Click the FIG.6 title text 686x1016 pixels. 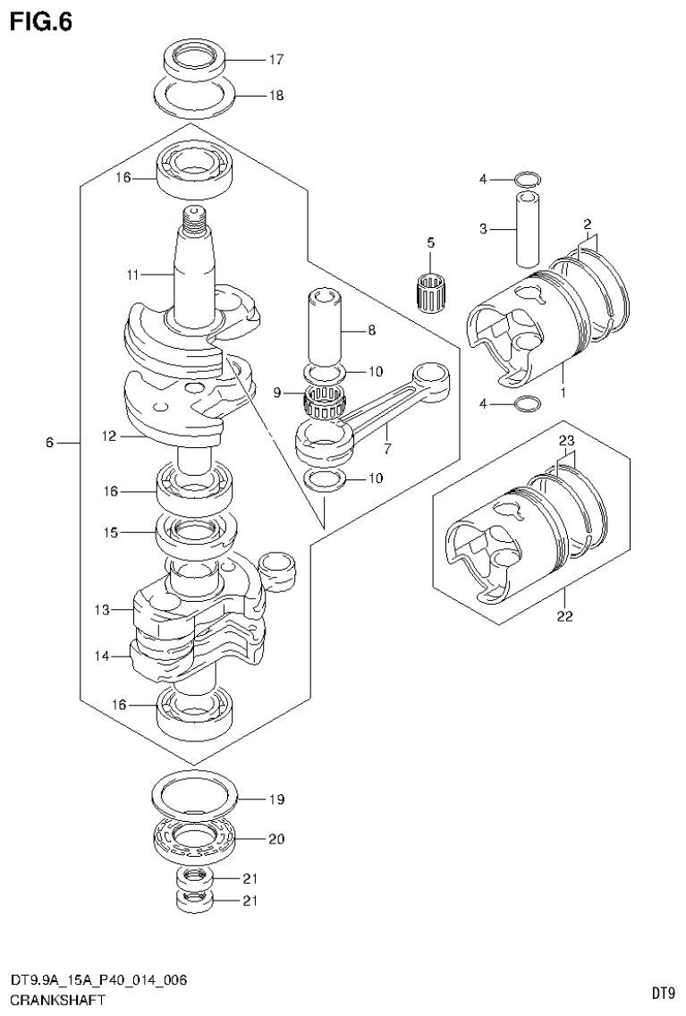point(41,21)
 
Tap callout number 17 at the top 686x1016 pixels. point(275,61)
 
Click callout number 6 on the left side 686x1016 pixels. point(50,442)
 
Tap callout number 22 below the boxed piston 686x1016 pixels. point(565,615)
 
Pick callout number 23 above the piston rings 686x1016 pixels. point(565,441)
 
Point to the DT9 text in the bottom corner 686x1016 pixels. point(662,992)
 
